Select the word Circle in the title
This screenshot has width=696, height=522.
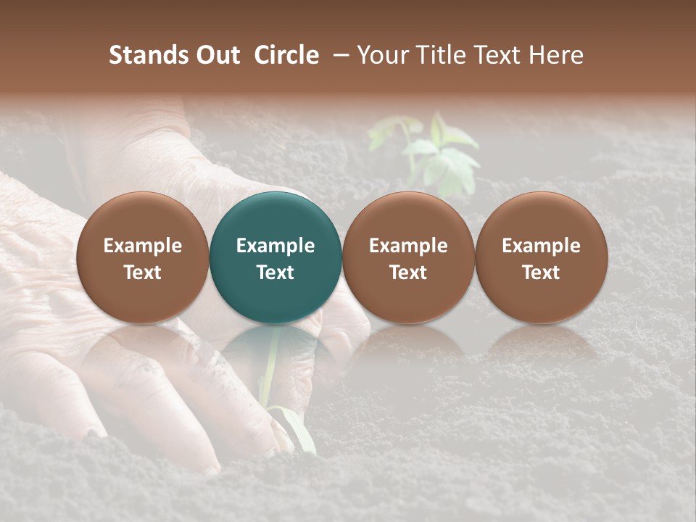point(286,55)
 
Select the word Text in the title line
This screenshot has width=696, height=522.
point(500,55)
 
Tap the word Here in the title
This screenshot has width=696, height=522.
point(556,55)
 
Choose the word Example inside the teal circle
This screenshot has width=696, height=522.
point(275,246)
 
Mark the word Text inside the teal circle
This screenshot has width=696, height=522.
point(275,273)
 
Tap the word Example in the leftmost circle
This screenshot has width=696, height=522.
point(143,246)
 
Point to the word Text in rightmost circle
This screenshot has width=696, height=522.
point(542,273)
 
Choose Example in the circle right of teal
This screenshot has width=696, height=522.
point(408,246)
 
